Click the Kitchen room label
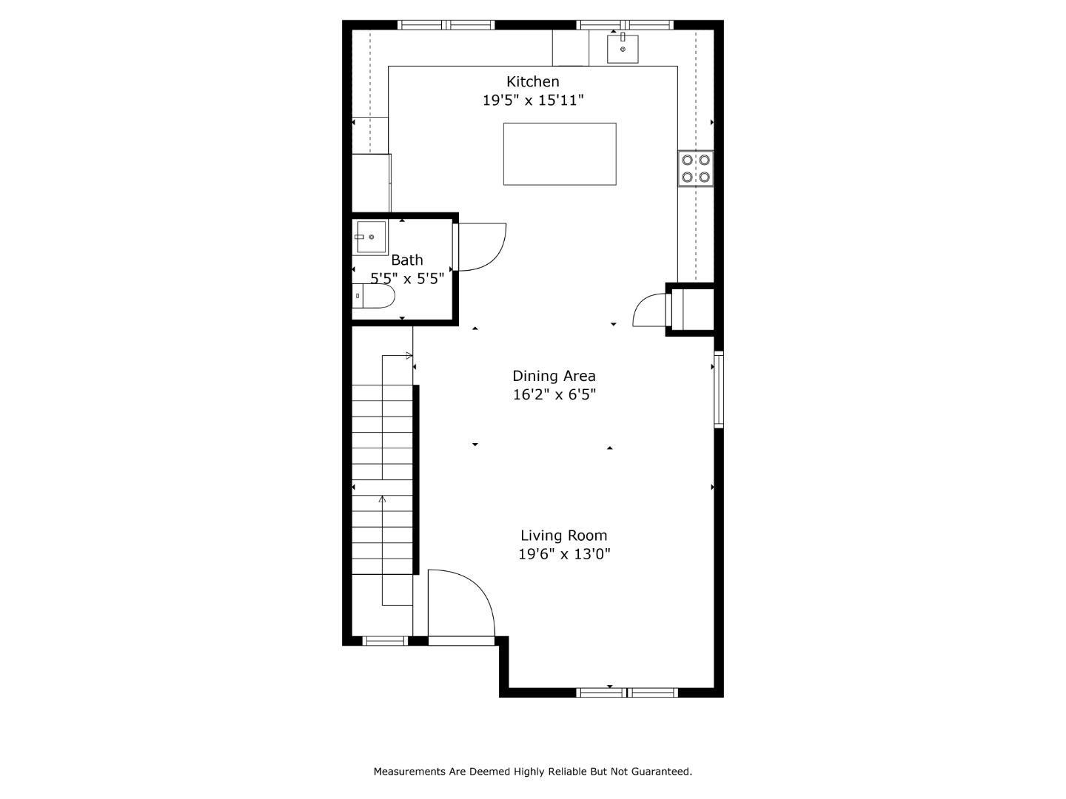pyautogui.click(x=532, y=81)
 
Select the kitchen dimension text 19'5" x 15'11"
pyautogui.click(x=533, y=100)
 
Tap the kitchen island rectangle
pyautogui.click(x=560, y=154)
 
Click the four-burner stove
pyautogui.click(x=696, y=168)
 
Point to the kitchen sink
pyautogui.click(x=623, y=48)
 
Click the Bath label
pyautogui.click(x=407, y=260)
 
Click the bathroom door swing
pyautogui.click(x=481, y=247)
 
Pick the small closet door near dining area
pyautogui.click(x=650, y=310)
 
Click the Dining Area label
pyautogui.click(x=554, y=376)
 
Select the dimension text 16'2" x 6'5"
pyautogui.click(x=554, y=394)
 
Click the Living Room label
pyautogui.click(x=563, y=536)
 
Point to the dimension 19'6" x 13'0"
pyautogui.click(x=563, y=554)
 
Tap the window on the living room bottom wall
pyautogui.click(x=626, y=692)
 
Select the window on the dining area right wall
pyautogui.click(x=718, y=390)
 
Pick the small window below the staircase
pyautogui.click(x=385, y=641)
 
